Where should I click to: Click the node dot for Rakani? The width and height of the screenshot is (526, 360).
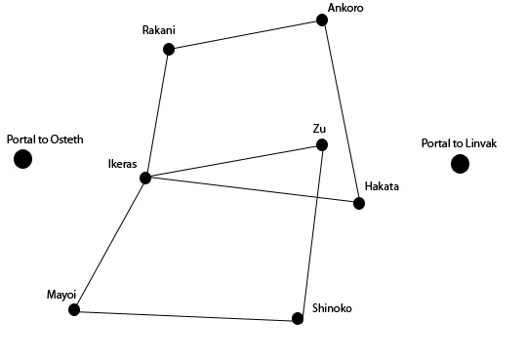coord(169,50)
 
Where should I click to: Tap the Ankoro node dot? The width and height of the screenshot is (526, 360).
coord(322,20)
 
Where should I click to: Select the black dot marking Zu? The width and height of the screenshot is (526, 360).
coord(322,145)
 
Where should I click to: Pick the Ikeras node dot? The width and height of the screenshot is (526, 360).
coord(145,179)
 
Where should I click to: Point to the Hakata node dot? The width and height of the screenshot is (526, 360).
coord(359,203)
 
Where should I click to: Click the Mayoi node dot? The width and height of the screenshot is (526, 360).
coord(74,309)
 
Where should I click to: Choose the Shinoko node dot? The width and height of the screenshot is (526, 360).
coord(298,318)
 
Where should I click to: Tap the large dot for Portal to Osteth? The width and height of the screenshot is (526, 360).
coord(22,159)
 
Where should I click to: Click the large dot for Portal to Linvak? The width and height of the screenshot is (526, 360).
coord(460,164)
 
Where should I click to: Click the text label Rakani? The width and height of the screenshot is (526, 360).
coord(159,30)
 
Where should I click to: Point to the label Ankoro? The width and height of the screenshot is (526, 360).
coord(345,8)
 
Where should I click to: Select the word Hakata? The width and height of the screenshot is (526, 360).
coord(382,186)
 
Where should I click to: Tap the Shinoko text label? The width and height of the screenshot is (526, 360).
coord(332,308)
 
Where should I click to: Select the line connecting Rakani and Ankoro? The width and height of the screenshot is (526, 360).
coord(245,35)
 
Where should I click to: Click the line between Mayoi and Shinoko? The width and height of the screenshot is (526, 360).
coord(185,314)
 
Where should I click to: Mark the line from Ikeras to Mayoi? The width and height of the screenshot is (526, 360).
coord(109,244)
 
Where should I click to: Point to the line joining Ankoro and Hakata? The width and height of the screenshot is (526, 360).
coord(341,112)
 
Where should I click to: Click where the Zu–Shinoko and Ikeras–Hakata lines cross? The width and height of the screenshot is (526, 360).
coord(316,198)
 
